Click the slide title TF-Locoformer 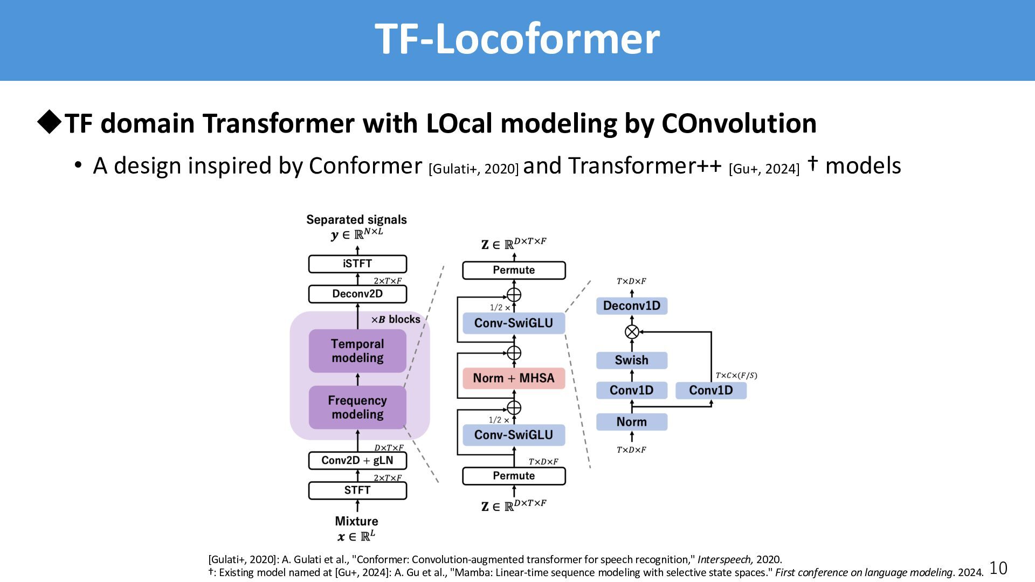point(517,39)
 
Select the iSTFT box point(357,264)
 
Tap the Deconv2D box point(357,294)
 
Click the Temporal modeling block point(357,351)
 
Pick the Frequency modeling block point(357,407)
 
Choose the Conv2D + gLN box point(357,460)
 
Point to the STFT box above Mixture point(357,490)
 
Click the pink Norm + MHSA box point(514,378)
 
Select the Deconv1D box point(631,306)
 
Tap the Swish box point(631,360)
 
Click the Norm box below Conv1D point(631,421)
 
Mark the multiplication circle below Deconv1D point(632,332)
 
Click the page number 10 point(998,568)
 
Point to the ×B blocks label point(396,320)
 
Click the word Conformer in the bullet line point(365,166)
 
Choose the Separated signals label point(356,220)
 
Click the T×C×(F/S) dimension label point(736,376)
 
